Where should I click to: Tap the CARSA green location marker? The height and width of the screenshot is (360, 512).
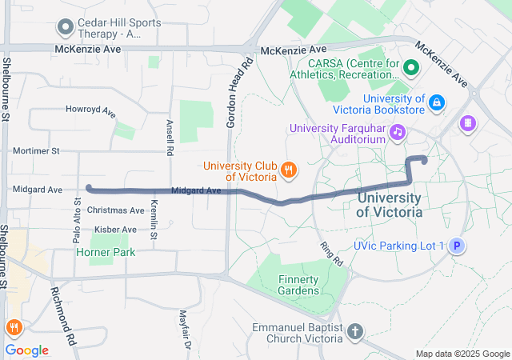[x=412, y=68]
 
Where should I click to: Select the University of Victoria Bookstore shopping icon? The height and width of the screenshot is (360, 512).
[x=437, y=102]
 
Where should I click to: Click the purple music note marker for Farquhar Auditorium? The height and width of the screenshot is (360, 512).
[x=397, y=131]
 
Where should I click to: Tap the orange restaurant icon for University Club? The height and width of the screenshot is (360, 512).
[x=289, y=170]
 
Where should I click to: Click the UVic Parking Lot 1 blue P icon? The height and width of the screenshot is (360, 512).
[x=456, y=246]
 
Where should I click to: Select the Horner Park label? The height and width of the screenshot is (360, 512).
[x=106, y=252]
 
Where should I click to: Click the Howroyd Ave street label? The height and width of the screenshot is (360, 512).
[x=91, y=109]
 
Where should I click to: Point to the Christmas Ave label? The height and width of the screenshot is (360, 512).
[x=115, y=210]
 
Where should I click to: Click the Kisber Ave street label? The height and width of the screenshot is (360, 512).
[x=115, y=230]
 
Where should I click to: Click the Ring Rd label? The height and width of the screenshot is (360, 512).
[x=330, y=254]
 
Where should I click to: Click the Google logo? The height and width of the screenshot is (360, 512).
[x=27, y=350]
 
